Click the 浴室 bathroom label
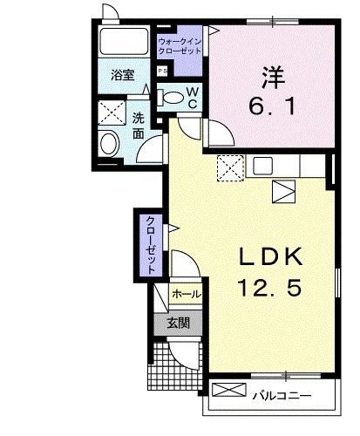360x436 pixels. pos(121,77)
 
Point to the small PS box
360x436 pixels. pos(161,71)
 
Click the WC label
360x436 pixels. pos(193,97)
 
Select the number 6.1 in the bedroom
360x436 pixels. pos(272,106)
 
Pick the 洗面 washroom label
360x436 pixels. pos(139,125)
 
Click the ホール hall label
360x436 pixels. pos(186,295)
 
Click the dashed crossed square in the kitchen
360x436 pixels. pos(230,166)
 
